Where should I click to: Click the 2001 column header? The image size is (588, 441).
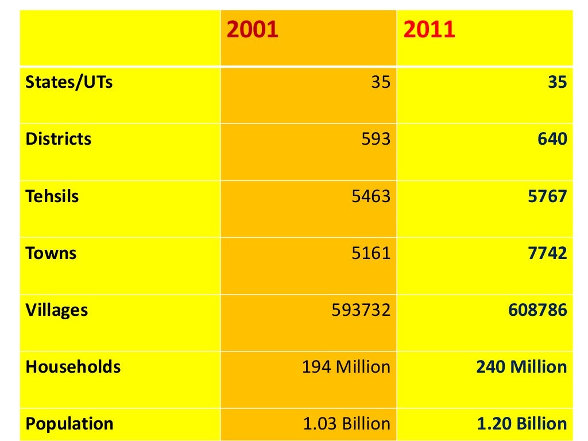click(253, 29)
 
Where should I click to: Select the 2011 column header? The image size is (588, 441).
click(429, 29)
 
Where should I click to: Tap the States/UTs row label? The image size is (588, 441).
click(69, 82)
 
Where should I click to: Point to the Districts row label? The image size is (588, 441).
click(59, 139)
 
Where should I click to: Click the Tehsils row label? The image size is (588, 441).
click(52, 196)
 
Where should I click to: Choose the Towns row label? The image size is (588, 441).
click(51, 253)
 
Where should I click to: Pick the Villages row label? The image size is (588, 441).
click(57, 311)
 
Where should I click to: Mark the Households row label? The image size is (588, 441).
click(73, 367)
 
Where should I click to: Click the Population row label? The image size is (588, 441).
click(69, 424)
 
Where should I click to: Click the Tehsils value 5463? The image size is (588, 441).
click(371, 196)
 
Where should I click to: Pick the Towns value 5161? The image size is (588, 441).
click(371, 253)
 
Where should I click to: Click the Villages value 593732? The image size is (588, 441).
click(361, 311)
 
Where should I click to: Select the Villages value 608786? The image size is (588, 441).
click(537, 311)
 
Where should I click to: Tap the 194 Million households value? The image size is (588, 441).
click(346, 367)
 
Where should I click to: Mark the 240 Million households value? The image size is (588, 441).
click(521, 367)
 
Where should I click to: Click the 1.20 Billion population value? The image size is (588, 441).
click(522, 424)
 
